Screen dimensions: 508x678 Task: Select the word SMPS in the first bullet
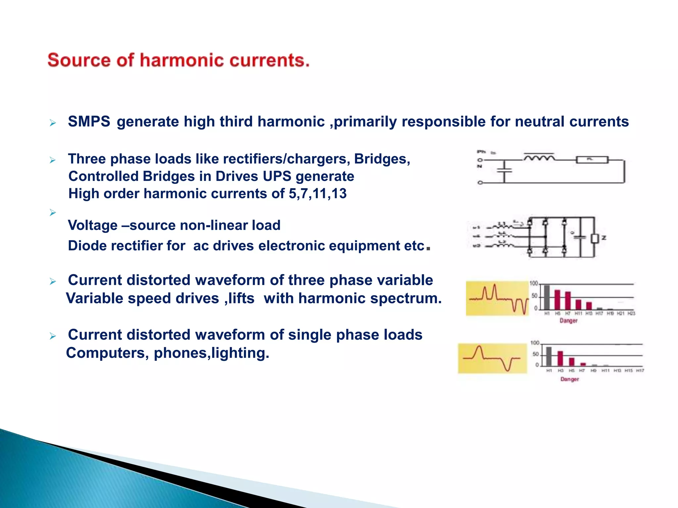pos(89,121)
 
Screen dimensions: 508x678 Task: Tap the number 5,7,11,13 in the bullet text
pos(317,193)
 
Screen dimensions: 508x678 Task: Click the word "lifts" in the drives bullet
pos(239,298)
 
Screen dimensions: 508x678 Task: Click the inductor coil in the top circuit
pos(539,158)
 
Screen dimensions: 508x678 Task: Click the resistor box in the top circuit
pos(592,160)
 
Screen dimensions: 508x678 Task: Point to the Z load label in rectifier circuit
pos(604,238)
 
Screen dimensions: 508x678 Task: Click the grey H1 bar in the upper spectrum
pos(547,297)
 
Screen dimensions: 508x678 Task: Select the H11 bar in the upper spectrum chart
pos(578,304)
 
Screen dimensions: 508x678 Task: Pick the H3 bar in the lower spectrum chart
pos(560,358)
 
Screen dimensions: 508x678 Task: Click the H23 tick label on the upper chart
pos(631,313)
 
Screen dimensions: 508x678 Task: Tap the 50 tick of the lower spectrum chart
pos(535,354)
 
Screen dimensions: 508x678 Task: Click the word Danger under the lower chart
pos(569,379)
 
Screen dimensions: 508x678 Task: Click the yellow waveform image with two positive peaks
pos(497,298)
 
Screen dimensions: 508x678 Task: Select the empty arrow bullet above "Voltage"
pos(53,212)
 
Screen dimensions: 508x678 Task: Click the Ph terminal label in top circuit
pos(481,152)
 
